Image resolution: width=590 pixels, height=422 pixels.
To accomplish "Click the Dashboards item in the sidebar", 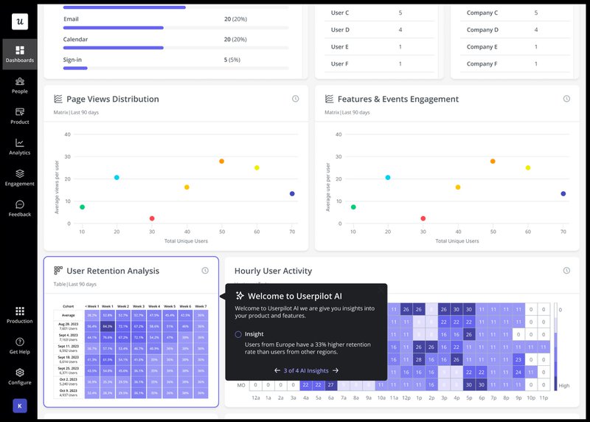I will click(x=20, y=54).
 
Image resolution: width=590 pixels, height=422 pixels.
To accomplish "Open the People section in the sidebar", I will click(x=20, y=85).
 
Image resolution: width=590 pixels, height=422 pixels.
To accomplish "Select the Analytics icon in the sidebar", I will click(x=20, y=146).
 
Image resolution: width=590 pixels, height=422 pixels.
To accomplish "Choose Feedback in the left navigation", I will click(x=20, y=208).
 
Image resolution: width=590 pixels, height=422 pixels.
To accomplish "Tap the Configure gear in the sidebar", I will click(x=20, y=376).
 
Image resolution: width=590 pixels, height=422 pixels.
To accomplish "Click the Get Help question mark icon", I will click(x=20, y=345).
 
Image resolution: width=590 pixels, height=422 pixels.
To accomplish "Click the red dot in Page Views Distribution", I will click(x=152, y=218).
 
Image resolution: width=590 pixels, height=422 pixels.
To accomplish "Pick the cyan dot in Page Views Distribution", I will click(x=117, y=177).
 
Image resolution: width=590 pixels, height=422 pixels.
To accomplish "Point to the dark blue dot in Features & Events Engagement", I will click(x=563, y=194).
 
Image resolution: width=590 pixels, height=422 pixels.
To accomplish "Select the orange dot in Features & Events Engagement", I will click(x=493, y=161).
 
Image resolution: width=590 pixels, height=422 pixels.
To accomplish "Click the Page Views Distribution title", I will click(x=112, y=99).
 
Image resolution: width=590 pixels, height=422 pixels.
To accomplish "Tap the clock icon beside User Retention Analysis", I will click(x=205, y=271).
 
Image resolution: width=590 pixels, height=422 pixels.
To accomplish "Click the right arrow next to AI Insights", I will click(x=336, y=370).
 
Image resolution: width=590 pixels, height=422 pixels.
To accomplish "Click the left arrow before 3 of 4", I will click(x=277, y=370).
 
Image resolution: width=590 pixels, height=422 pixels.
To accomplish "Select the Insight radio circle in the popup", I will click(x=238, y=334).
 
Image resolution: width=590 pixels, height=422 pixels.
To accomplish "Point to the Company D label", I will click(x=482, y=30).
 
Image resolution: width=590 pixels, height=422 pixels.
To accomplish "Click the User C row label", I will click(x=340, y=13).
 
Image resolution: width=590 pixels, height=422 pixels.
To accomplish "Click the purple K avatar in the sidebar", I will click(x=20, y=405).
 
